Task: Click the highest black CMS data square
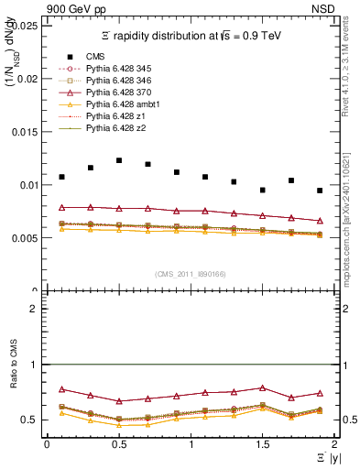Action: (119, 160)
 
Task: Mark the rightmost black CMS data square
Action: (320, 191)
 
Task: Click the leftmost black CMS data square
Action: (61, 177)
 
